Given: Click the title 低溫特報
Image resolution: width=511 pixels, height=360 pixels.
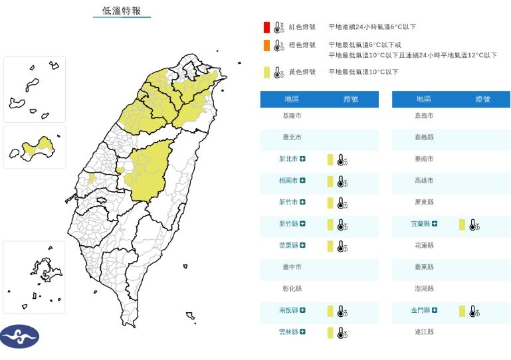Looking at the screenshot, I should [x=122, y=11].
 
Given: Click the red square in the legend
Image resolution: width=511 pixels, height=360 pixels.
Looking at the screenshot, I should [x=266, y=27].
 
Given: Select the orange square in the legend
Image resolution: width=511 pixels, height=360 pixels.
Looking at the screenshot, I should [x=266, y=45].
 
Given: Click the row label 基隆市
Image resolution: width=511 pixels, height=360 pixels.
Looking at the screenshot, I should [x=292, y=116].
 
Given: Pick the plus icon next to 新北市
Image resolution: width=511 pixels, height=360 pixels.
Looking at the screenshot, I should [x=302, y=159].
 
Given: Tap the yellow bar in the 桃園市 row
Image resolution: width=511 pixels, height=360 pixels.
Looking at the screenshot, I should [x=330, y=181].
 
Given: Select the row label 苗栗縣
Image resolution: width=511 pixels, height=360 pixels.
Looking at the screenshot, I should [x=288, y=245].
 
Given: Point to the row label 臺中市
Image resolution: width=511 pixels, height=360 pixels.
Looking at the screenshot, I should [x=292, y=267].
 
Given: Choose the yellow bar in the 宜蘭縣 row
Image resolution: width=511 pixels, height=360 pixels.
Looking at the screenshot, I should [x=462, y=224].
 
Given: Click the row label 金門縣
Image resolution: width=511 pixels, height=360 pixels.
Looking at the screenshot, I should [x=421, y=310].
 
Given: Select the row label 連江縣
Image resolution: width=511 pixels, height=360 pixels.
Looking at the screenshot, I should [x=424, y=331].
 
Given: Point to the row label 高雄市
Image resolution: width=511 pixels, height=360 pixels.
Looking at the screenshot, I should [x=424, y=181].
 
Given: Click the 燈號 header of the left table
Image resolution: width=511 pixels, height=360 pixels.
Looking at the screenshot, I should [x=351, y=99].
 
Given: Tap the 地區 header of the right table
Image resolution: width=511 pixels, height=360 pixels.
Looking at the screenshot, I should [x=424, y=99].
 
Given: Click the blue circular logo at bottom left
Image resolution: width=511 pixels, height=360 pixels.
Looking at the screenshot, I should [x=20, y=337].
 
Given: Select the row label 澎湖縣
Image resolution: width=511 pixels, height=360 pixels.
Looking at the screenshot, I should [x=424, y=288].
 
